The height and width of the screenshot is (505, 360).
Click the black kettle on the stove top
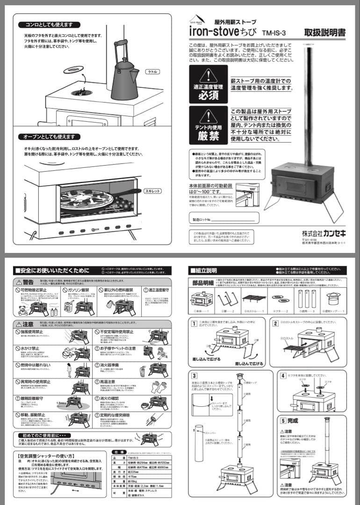pyautogui.click(x=125, y=79)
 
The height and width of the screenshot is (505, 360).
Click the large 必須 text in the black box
pyautogui.click(x=209, y=95)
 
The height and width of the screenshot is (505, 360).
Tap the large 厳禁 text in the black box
pyautogui.click(x=209, y=137)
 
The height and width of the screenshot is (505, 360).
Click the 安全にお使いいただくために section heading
pyautogui.click(x=51, y=270)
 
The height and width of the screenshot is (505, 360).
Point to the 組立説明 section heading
pyautogui.click(x=204, y=270)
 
